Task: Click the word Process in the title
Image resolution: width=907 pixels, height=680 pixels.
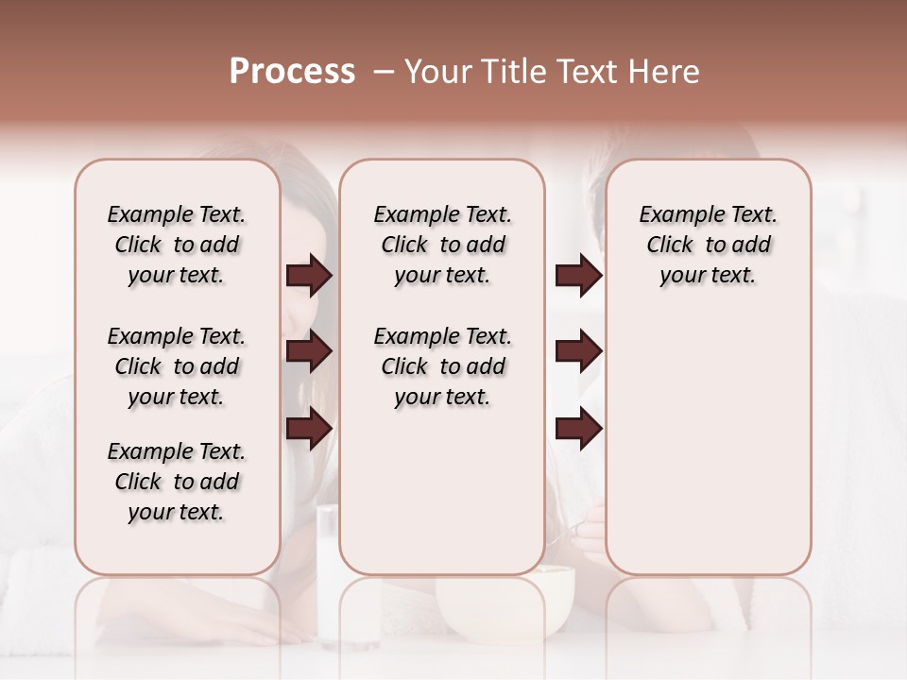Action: click(292, 72)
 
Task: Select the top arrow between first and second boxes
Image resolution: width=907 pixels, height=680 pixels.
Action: click(309, 275)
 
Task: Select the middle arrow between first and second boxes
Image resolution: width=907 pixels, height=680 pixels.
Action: click(309, 351)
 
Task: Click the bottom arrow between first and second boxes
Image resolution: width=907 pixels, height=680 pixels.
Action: click(309, 428)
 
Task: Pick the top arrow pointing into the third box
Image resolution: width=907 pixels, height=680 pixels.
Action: click(578, 275)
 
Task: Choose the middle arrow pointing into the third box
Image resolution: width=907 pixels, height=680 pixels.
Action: click(578, 351)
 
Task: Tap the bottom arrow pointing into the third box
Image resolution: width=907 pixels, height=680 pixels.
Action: click(578, 428)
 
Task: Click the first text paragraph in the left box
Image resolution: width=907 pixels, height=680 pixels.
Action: click(177, 245)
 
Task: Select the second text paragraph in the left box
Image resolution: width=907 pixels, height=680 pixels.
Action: click(177, 366)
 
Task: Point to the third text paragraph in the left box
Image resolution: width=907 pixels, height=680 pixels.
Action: click(177, 482)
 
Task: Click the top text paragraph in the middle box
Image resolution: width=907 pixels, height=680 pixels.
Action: click(442, 245)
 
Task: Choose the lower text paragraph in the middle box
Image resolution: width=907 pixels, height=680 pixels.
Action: click(442, 366)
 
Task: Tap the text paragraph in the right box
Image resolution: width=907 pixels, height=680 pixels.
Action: click(709, 245)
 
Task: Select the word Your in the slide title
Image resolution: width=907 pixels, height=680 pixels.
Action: click(438, 72)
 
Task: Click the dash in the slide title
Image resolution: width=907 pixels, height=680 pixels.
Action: click(383, 72)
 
